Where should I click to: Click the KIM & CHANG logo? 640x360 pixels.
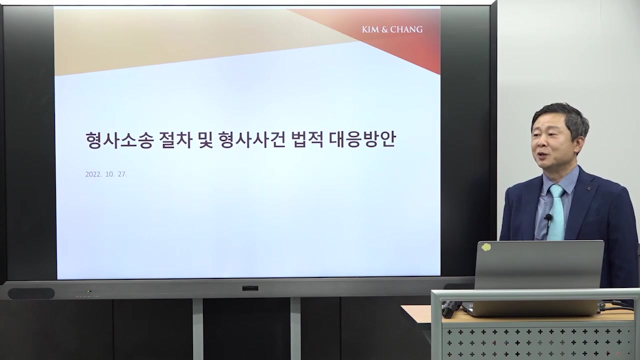[392, 29]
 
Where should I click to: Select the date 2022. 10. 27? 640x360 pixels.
[106, 174]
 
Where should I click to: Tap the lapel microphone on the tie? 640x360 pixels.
[548, 218]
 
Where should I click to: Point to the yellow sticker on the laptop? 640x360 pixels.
[485, 247]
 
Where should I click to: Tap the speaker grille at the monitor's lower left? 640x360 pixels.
[31, 293]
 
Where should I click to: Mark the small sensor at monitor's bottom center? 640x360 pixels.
[249, 288]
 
